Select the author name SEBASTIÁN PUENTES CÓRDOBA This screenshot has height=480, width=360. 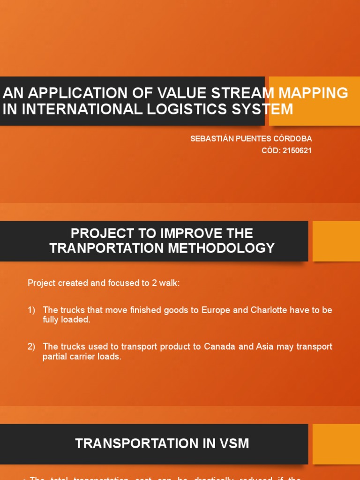(251, 139)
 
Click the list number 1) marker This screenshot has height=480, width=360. (31, 310)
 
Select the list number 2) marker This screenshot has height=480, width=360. (31, 346)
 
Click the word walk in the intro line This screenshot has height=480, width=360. (169, 283)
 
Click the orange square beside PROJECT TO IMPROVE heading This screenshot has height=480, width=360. (336, 241)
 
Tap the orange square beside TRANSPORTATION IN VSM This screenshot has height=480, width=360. (336, 444)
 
